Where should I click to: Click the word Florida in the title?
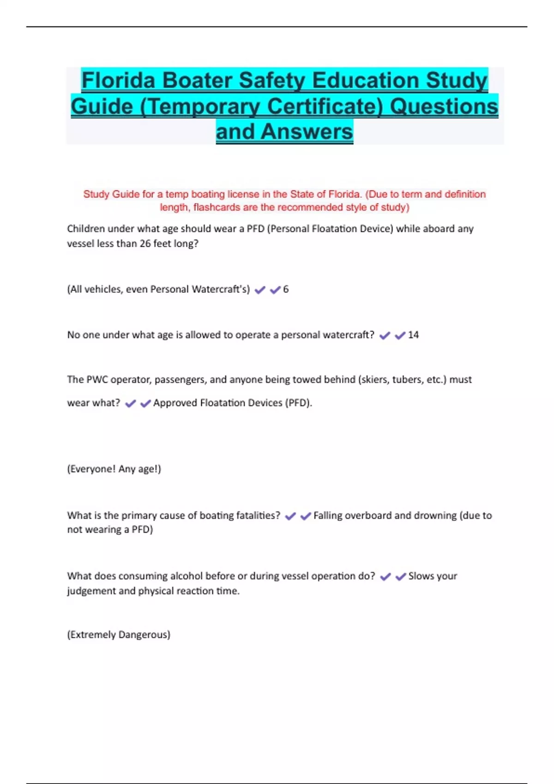[x=118, y=80]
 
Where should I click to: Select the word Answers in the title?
[x=307, y=132]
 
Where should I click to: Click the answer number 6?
[x=286, y=289]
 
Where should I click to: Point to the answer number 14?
[x=413, y=335]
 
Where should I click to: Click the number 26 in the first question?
[x=145, y=244]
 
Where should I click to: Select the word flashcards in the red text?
[x=217, y=207]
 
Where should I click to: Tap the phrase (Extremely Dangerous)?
[x=119, y=635]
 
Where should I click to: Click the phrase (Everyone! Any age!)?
[x=114, y=469]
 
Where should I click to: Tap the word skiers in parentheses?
[x=374, y=380]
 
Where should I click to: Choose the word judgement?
[x=91, y=591]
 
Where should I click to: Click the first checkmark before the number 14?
[x=385, y=336]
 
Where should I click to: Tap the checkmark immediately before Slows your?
[x=401, y=576]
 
